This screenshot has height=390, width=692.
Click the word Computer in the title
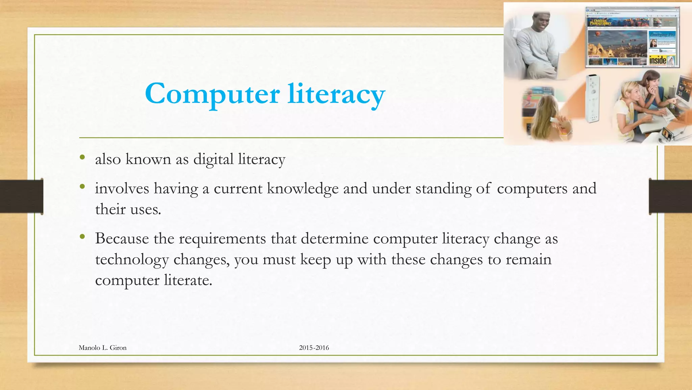coord(212,93)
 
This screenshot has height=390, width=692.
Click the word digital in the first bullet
coord(213,159)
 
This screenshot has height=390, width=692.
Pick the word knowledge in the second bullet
coord(302,189)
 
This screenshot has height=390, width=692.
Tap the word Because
coord(122,238)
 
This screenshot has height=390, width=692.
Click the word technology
coord(132,260)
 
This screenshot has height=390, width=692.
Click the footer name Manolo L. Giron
coord(102,348)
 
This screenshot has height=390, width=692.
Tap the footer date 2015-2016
coord(314,348)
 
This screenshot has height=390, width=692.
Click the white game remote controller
coord(593,98)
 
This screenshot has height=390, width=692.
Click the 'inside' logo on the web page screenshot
coord(658,60)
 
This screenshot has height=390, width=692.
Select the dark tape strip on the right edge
coord(670,196)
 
